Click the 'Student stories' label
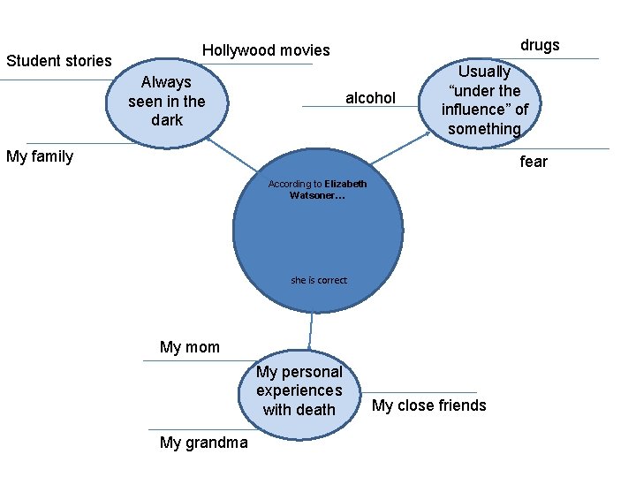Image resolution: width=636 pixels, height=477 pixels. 59,61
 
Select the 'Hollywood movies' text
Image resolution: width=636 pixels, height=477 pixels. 266,50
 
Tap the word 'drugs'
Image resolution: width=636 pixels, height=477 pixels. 540,45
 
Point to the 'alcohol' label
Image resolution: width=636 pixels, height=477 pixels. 370,98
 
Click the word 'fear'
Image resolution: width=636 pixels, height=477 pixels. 534,162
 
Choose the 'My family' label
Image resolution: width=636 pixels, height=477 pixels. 40,157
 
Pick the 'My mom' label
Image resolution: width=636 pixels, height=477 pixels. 190,347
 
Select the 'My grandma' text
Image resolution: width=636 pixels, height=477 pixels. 204,443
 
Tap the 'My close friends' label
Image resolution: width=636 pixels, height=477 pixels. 429,405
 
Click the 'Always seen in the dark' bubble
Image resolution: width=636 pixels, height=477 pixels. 167,102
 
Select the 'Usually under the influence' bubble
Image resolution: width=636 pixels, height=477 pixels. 484,100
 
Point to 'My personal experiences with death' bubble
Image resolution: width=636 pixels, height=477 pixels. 299,391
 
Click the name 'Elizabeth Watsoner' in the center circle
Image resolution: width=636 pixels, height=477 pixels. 329,189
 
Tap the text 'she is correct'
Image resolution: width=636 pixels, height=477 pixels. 319,280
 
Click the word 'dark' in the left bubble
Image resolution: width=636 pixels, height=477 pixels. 167,120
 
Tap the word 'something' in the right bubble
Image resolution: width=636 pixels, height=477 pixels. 484,129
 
